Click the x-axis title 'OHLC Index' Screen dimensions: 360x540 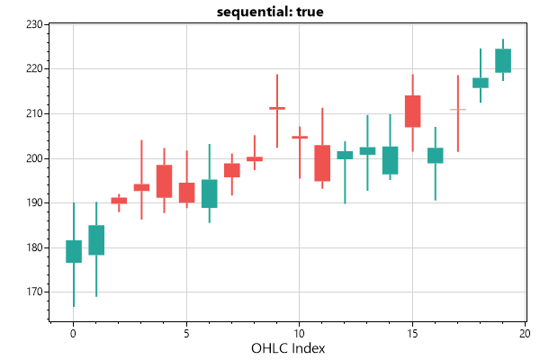pos(288,348)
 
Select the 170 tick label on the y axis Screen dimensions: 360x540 pos(35,292)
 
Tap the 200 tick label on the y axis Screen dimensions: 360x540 pos(35,158)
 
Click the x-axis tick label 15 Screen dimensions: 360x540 pos(412,332)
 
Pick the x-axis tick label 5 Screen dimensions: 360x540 pos(186,332)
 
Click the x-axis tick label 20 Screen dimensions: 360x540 pos(525,332)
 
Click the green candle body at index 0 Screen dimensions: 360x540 pos(74,251)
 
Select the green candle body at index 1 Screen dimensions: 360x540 pos(96,240)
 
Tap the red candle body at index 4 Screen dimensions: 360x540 pos(164,181)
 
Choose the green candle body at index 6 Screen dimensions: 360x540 pos(209,193)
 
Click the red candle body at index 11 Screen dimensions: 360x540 pos(322,164)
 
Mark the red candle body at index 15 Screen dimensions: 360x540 pos(412,112)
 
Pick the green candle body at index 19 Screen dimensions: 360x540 pos(503,60)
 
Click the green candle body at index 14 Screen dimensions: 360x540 pos(390,160)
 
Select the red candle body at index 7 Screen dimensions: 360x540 pos(231,170)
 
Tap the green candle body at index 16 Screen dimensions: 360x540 pos(435,156)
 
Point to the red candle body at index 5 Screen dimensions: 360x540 pos(186,193)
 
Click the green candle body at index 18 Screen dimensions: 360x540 pos(481,83)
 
